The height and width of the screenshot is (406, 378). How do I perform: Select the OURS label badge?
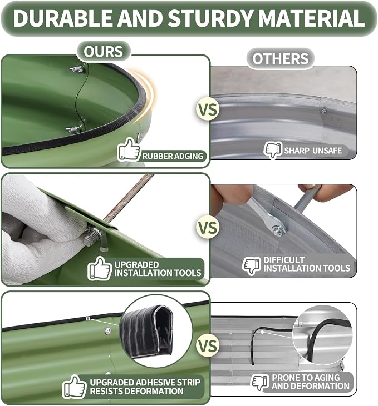click(x=104, y=51)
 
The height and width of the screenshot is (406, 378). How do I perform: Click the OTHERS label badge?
click(x=281, y=58)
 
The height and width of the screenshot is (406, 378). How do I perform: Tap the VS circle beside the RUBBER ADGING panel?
click(x=208, y=110)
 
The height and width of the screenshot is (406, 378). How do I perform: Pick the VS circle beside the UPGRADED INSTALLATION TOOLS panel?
click(x=208, y=228)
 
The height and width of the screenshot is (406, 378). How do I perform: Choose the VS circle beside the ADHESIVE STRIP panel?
click(x=208, y=345)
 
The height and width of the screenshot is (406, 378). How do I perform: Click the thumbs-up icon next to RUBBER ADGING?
click(x=129, y=149)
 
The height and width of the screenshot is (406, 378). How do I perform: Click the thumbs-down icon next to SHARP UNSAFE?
click(x=273, y=150)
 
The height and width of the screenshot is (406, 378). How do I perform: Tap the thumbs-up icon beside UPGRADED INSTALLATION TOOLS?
click(x=99, y=268)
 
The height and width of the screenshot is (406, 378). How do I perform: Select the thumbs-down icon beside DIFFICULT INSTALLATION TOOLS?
click(x=252, y=266)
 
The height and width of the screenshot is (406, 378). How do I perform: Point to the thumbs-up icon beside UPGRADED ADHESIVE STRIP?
click(x=74, y=387)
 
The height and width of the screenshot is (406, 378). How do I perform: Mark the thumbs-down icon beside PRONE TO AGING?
click(x=261, y=383)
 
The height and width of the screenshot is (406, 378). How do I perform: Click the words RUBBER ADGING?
click(x=173, y=156)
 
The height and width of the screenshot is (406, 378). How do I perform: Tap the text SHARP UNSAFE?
click(x=313, y=151)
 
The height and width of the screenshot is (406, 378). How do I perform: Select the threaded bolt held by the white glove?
click(x=93, y=237)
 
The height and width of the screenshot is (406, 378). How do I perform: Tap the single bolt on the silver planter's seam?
click(x=323, y=111)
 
